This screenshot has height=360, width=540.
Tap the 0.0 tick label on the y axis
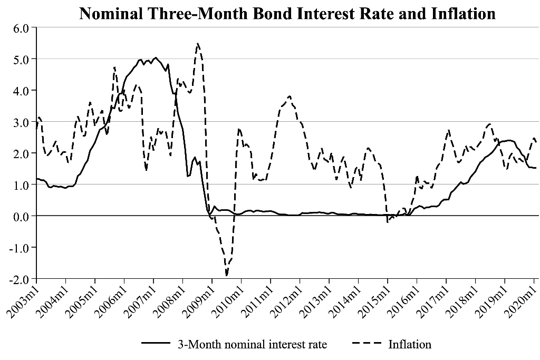21,216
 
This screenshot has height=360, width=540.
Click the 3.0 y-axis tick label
21,122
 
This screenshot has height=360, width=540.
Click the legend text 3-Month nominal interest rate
252,345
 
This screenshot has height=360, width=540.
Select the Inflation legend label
410,345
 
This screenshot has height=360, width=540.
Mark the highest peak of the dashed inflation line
198,44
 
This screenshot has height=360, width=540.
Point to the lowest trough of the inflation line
227,275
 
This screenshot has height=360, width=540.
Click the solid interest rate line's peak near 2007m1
156,58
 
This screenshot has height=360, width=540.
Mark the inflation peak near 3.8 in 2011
290,96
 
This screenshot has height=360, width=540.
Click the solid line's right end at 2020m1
536,168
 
